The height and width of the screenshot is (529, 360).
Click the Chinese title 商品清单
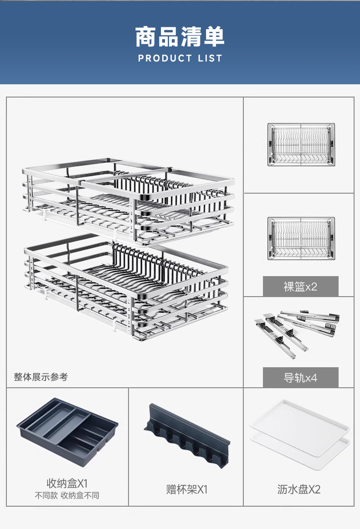click(x=180, y=37)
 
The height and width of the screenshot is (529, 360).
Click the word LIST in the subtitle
click(x=210, y=58)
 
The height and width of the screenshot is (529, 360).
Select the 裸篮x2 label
click(x=300, y=287)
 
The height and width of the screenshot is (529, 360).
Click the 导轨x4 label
click(x=300, y=378)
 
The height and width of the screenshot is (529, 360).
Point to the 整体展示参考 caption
click(x=41, y=377)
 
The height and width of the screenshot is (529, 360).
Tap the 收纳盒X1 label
click(x=67, y=483)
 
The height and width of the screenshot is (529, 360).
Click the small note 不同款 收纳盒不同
click(x=67, y=495)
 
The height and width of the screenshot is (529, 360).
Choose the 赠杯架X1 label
click(x=186, y=490)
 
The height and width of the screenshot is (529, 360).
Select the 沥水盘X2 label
click(x=299, y=490)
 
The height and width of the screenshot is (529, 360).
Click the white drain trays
click(x=299, y=428)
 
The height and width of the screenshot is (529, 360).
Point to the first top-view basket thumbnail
click(x=300, y=144)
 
